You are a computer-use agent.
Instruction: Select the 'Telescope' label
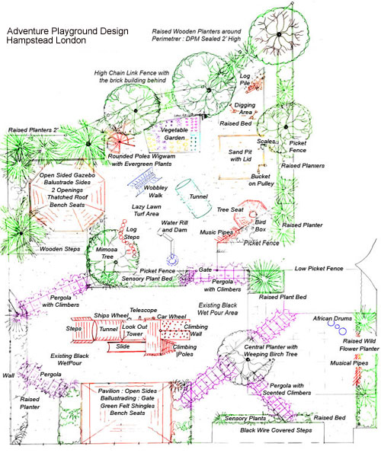(x=143, y=311)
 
